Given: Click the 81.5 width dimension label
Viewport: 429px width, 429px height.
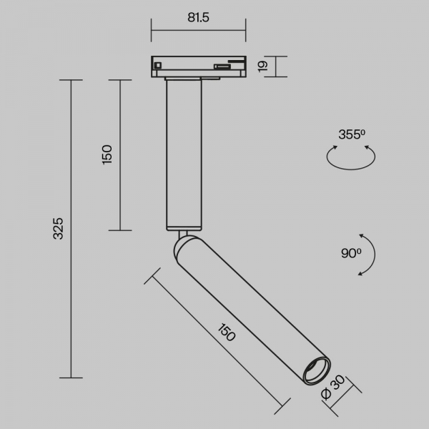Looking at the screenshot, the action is [x=198, y=17].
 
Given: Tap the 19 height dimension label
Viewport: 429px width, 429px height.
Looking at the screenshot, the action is [x=263, y=66].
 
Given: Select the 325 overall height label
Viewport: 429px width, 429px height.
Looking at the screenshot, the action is [x=58, y=229].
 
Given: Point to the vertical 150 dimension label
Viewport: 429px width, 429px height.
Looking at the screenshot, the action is [x=107, y=154].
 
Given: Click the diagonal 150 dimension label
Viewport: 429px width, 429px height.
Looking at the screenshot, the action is [x=227, y=332].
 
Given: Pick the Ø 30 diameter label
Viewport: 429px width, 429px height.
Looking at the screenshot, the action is [x=333, y=388].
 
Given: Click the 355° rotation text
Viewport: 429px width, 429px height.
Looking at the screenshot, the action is [x=352, y=134].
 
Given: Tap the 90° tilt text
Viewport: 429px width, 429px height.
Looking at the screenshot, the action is [x=351, y=253].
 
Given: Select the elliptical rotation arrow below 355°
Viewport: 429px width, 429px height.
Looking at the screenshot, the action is [x=351, y=169].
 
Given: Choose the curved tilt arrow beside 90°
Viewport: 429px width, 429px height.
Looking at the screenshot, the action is [x=375, y=255].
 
